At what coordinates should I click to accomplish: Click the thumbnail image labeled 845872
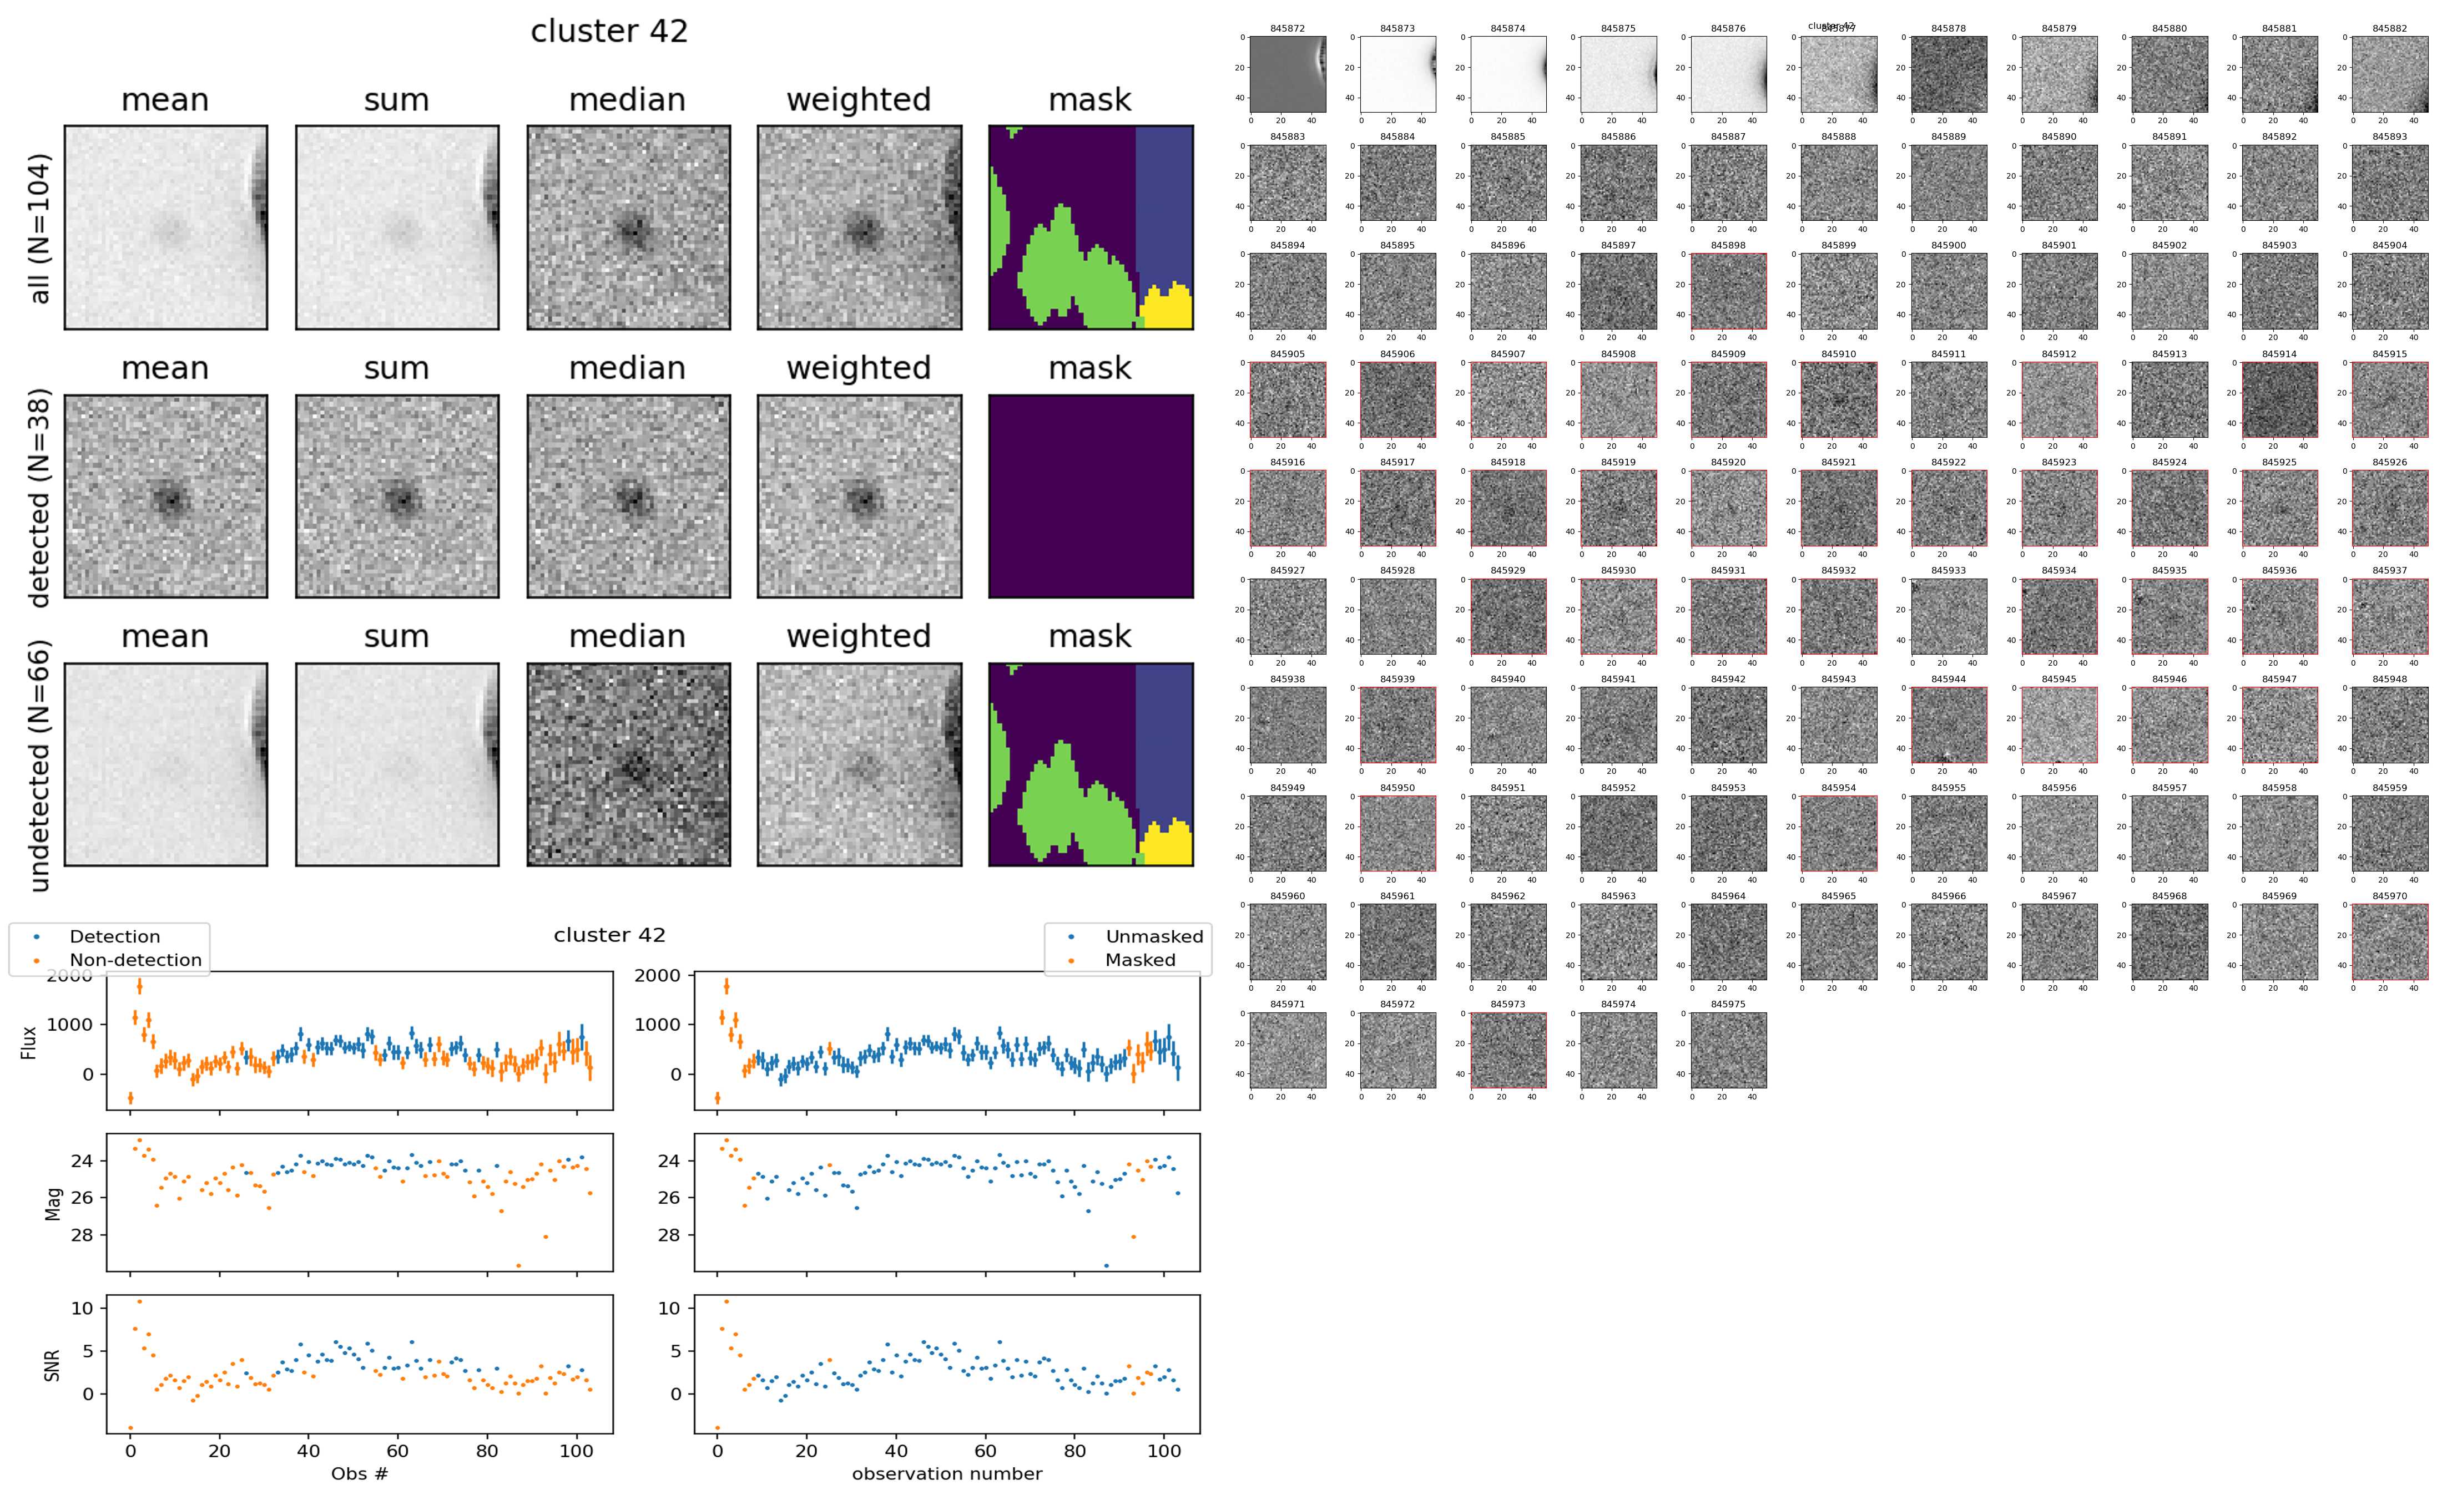point(1287,74)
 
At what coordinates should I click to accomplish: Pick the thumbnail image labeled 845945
point(2059,724)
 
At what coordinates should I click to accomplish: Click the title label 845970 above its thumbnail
point(2389,896)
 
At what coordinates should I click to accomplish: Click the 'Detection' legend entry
point(114,936)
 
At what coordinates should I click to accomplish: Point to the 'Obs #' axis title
point(359,1473)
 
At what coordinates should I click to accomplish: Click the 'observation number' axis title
point(947,1473)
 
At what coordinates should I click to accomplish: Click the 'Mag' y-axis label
point(54,1202)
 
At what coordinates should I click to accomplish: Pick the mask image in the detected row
point(1091,496)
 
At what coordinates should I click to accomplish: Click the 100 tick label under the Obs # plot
point(577,1451)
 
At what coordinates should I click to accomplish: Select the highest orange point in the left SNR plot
point(139,1301)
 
